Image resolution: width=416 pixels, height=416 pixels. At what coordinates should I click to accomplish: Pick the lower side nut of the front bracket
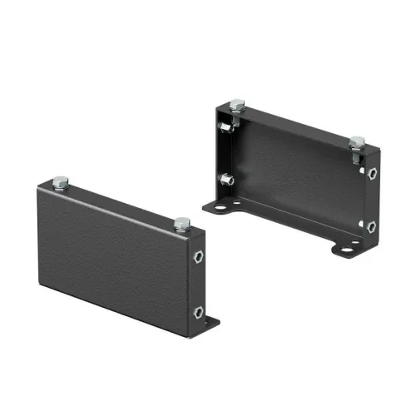[x=198, y=312]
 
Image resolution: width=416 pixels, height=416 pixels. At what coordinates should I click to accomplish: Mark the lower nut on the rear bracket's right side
[x=370, y=226]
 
